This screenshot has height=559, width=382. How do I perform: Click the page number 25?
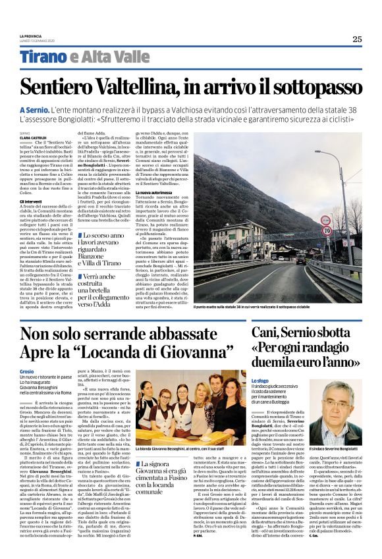[356, 39]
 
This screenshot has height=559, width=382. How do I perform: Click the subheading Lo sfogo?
[260, 381]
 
